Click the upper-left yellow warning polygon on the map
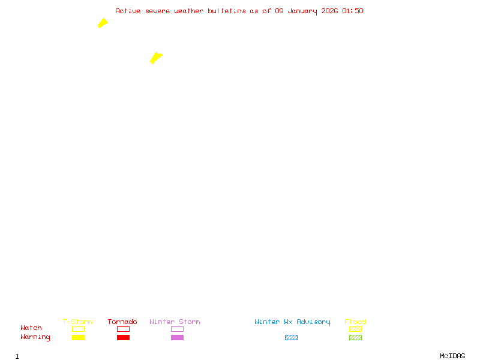[103, 23]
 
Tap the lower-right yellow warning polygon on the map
[156, 58]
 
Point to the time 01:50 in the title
[352, 11]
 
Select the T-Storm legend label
[77, 322]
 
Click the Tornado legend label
[122, 322]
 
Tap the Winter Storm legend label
[175, 322]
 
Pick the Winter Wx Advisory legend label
[292, 322]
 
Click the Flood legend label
[355, 322]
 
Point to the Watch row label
[31, 328]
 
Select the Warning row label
[35, 337]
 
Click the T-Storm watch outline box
[78, 329]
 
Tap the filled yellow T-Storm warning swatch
[78, 337]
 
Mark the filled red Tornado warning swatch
[123, 337]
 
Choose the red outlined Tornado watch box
[123, 329]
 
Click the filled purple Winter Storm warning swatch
[177, 337]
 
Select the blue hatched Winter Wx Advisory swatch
[291, 337]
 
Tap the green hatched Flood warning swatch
[355, 337]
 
